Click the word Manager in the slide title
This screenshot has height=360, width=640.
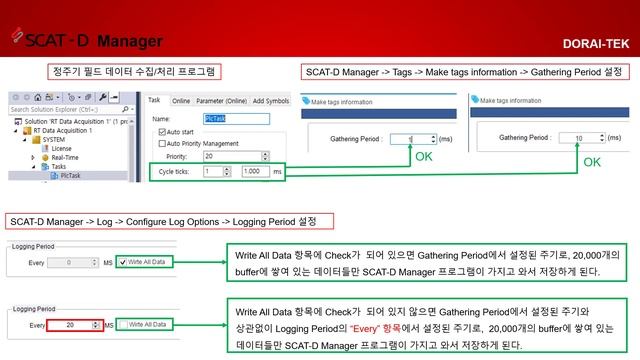click(130, 41)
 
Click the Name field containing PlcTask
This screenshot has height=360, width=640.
click(236, 118)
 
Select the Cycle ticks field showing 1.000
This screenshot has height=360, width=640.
click(254, 171)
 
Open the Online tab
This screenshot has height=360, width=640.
click(181, 101)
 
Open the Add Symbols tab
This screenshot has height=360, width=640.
click(270, 101)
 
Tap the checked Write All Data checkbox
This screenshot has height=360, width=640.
click(123, 262)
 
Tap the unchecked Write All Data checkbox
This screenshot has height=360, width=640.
click(123, 324)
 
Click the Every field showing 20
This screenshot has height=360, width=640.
click(76, 324)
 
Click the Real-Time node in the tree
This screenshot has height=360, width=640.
click(65, 156)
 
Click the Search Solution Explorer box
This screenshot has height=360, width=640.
click(60, 110)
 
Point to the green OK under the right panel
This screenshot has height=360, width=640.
click(592, 161)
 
